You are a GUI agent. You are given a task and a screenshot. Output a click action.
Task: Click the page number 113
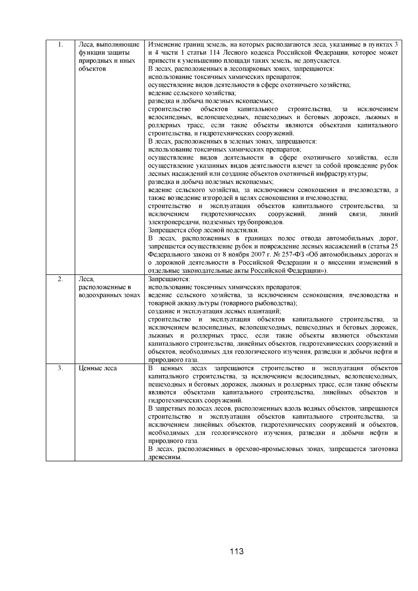(x=237, y=551)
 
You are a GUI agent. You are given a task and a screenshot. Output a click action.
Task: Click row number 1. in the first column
(x=60, y=45)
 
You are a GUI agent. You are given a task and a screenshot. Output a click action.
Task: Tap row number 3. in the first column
(x=60, y=368)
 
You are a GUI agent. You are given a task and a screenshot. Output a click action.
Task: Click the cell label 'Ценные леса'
(x=98, y=368)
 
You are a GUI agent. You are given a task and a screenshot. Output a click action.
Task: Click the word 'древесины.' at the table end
(x=165, y=457)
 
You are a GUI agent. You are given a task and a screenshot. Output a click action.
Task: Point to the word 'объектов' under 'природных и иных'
(x=92, y=69)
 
